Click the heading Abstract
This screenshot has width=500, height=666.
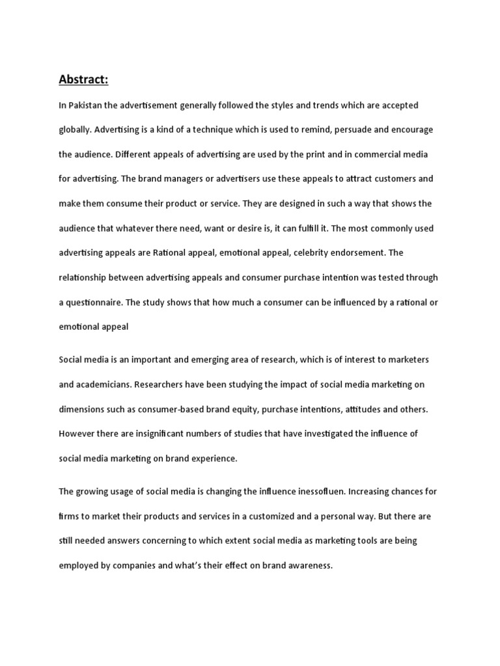[x=83, y=80]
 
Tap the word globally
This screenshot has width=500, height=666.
[x=74, y=129]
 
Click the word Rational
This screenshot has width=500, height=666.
[x=171, y=253]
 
